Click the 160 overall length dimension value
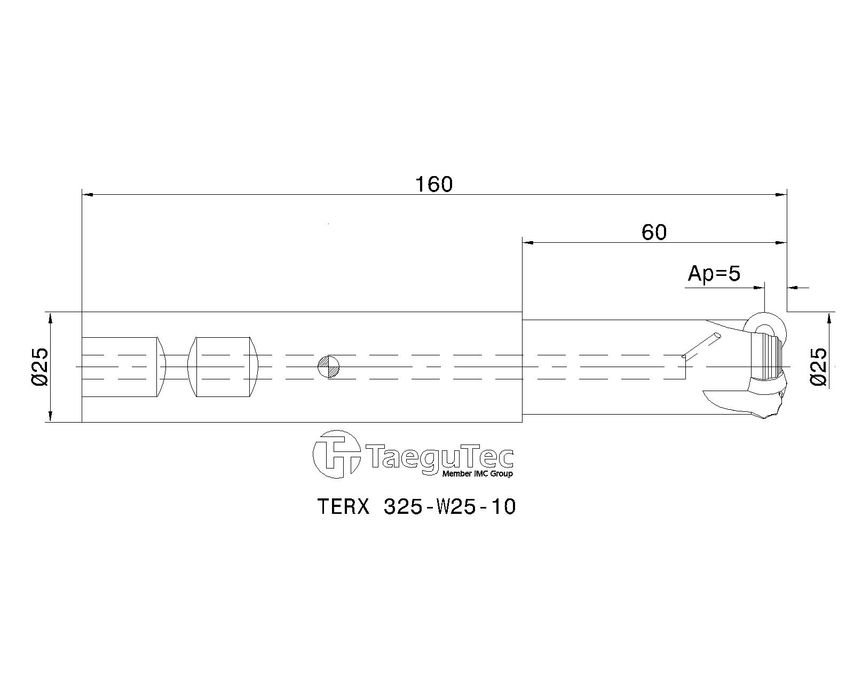(x=434, y=185)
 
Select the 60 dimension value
(x=654, y=233)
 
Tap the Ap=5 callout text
(x=714, y=274)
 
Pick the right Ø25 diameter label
(x=818, y=367)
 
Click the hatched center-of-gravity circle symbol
(x=329, y=367)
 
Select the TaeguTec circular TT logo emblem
(x=336, y=455)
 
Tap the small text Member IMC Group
(x=477, y=473)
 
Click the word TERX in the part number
(x=344, y=507)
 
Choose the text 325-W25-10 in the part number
(x=449, y=507)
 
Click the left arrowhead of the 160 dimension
(x=87, y=194)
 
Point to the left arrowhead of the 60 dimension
(x=528, y=242)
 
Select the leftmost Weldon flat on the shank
(x=123, y=367)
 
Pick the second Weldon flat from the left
(x=224, y=367)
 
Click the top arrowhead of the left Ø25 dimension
(x=50, y=318)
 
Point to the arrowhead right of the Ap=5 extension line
(x=793, y=287)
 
